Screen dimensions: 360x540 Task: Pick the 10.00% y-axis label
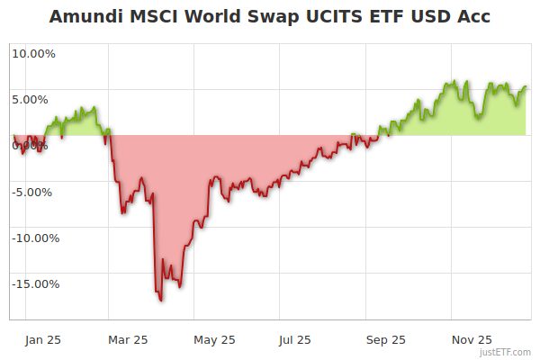pos(33,53)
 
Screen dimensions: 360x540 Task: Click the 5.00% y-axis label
pos(34,99)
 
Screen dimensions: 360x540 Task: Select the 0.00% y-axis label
pos(34,145)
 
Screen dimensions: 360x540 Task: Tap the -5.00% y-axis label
pos(33,192)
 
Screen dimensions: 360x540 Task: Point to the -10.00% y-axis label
pos(33,238)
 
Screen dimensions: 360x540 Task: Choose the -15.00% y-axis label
pos(33,283)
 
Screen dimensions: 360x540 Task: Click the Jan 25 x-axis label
pos(42,339)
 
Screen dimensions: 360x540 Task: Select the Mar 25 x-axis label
pos(127,339)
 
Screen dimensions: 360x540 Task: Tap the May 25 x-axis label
pos(214,339)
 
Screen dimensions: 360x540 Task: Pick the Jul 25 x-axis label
pos(294,339)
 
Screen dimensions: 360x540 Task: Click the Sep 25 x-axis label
pos(385,339)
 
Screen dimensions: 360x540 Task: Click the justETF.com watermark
pos(505,352)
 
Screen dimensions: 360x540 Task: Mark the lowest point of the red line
pos(161,301)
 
